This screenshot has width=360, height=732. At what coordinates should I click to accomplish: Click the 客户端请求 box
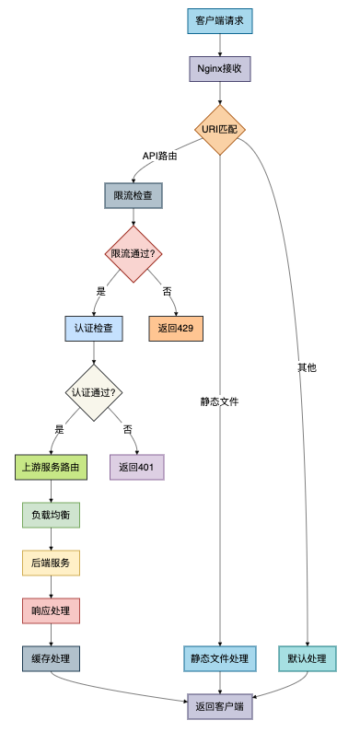(x=220, y=20)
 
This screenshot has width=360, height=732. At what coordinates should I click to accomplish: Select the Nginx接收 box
(x=220, y=69)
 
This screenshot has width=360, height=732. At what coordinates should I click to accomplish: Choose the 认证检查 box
(x=93, y=327)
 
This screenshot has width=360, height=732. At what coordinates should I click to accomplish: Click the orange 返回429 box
(x=176, y=327)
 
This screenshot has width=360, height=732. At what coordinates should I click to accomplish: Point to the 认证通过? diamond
(x=93, y=391)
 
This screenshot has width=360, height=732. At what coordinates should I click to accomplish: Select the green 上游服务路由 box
(x=51, y=467)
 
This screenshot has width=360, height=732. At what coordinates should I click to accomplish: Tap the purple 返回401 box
(x=136, y=467)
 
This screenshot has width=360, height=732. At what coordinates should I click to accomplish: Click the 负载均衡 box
(x=51, y=514)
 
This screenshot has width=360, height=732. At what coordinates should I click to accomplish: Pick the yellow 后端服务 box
(x=51, y=562)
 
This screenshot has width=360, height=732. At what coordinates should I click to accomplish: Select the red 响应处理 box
(x=51, y=610)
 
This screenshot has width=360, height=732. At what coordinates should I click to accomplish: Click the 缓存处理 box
(x=51, y=658)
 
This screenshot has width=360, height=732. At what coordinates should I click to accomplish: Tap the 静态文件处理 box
(x=220, y=658)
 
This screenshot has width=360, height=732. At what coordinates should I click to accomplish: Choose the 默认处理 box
(x=307, y=658)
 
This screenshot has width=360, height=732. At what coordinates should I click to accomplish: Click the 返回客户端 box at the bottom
(x=220, y=706)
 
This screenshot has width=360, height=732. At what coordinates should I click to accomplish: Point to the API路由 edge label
(x=159, y=156)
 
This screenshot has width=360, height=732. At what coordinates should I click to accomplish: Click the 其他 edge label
(x=307, y=367)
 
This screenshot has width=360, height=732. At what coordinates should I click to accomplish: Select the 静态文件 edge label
(x=220, y=401)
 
